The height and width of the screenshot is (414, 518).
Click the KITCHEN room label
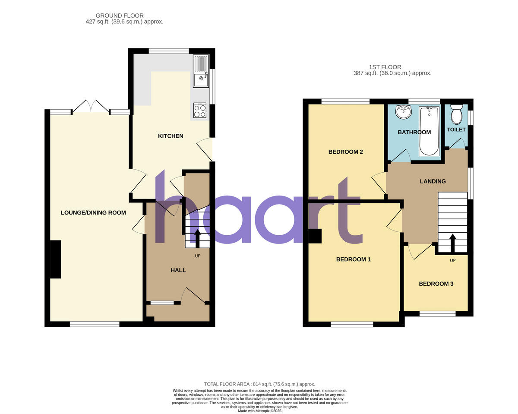click(x=171, y=136)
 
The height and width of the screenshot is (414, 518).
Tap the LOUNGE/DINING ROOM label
click(x=93, y=212)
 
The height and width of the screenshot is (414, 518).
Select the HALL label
click(x=178, y=270)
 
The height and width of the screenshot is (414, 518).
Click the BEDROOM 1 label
click(x=354, y=259)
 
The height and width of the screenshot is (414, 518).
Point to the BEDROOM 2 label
click(x=345, y=152)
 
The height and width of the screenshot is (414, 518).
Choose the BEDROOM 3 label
click(x=436, y=284)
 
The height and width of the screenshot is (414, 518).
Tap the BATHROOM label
click(x=414, y=132)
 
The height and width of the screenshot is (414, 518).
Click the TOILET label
click(x=456, y=130)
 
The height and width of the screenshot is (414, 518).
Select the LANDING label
click(x=433, y=181)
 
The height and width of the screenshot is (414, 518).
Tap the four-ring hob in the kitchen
click(x=199, y=111)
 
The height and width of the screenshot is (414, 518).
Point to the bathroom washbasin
click(x=403, y=112)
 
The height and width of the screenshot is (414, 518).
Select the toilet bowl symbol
click(x=456, y=114)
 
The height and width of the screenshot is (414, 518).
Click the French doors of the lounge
click(x=91, y=107)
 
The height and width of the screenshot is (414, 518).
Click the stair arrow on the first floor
click(x=453, y=243)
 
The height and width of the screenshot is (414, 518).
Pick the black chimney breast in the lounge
click(x=56, y=259)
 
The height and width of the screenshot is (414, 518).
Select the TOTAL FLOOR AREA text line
click(x=259, y=384)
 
